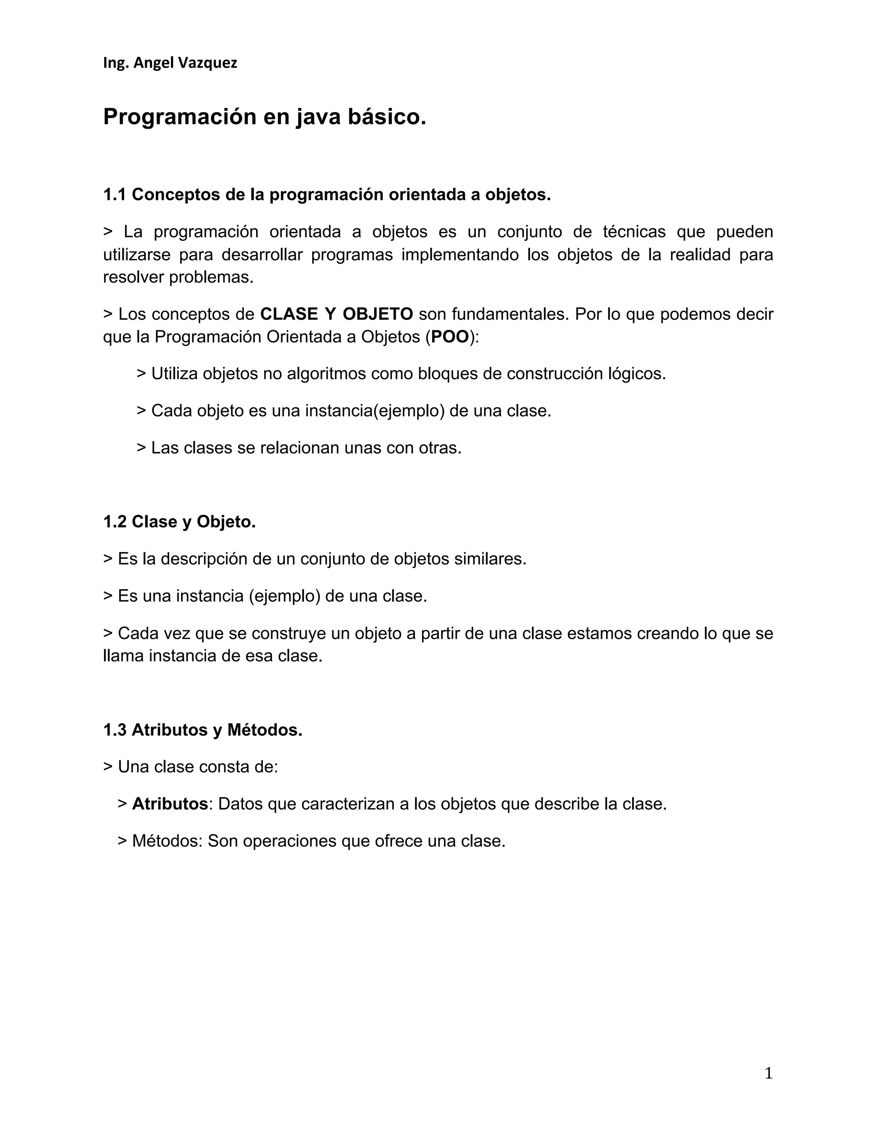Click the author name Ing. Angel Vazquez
pyautogui.click(x=170, y=63)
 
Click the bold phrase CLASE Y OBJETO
pyautogui.click(x=336, y=314)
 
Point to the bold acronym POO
pyautogui.click(x=450, y=337)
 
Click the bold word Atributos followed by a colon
pyautogui.click(x=170, y=804)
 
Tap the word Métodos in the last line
pyautogui.click(x=166, y=840)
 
